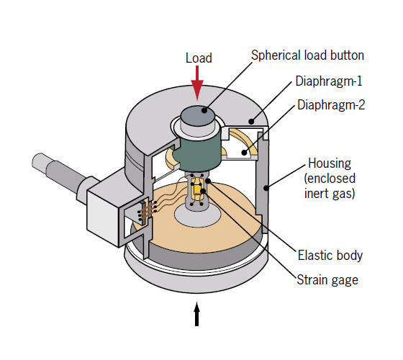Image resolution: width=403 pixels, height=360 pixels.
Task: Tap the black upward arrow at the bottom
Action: click(198, 315)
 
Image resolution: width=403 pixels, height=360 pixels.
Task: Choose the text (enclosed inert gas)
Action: click(328, 184)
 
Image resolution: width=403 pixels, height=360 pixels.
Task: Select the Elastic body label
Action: click(329, 256)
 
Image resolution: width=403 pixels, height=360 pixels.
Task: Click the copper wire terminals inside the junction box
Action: click(148, 210)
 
